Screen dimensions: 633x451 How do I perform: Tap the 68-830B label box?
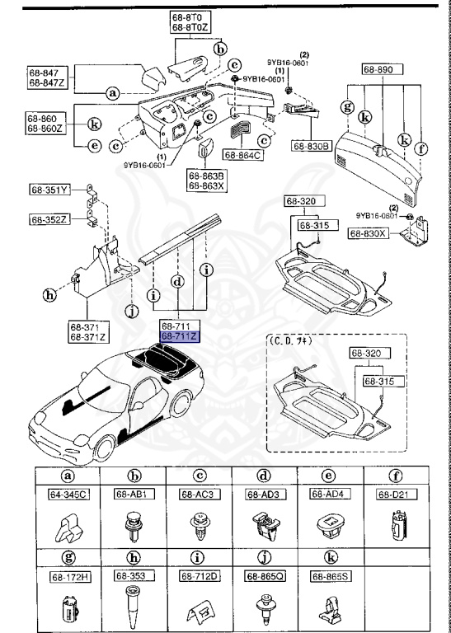(310, 146)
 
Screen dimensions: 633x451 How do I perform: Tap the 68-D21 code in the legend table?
(394, 494)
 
